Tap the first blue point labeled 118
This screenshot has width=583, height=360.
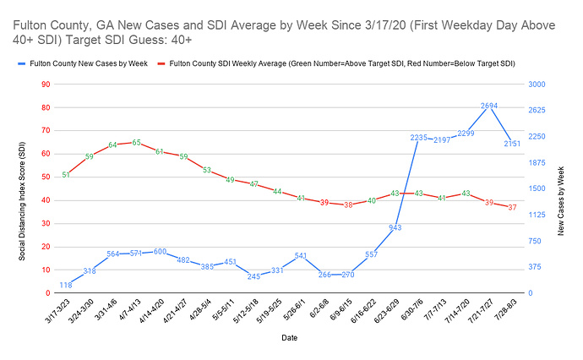pyautogui.click(x=66, y=285)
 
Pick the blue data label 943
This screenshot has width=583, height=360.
pyautogui.click(x=395, y=227)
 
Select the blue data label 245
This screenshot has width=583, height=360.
pyautogui.click(x=253, y=276)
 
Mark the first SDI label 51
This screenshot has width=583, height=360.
pyautogui.click(x=66, y=175)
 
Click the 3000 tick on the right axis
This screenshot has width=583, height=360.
pyautogui.click(x=537, y=85)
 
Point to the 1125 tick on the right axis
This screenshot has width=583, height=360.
pyautogui.click(x=537, y=215)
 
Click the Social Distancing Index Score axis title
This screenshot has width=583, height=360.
pyautogui.click(x=22, y=188)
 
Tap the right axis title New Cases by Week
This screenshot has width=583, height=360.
pyautogui.click(x=561, y=188)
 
